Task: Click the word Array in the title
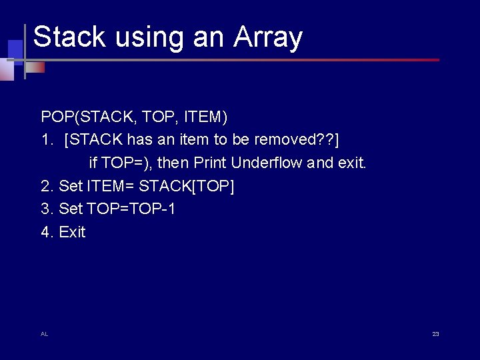[x=268, y=38]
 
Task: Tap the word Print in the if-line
[x=210, y=163]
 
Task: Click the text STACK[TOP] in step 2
[x=186, y=186]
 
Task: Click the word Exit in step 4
[x=72, y=232]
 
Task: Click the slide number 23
[x=435, y=334]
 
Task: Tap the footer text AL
[x=44, y=334]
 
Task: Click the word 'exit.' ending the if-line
[x=353, y=163]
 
